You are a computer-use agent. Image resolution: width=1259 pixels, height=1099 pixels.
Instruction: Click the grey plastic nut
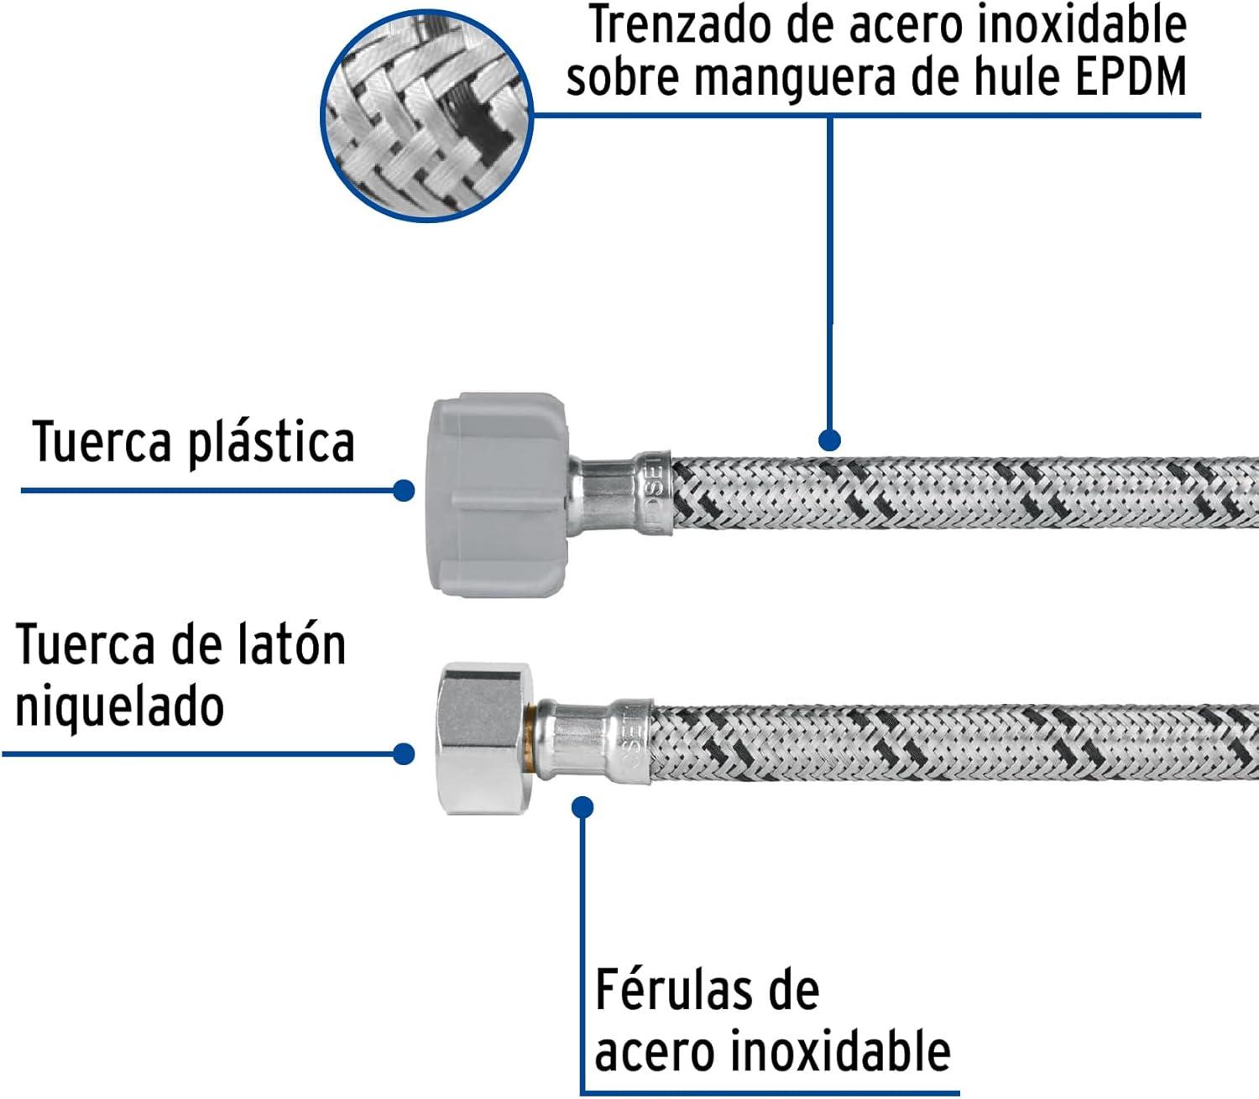point(499,495)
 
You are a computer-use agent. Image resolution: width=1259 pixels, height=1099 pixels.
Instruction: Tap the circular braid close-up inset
point(426,115)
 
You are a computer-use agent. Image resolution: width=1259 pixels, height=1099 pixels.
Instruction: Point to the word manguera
point(794,80)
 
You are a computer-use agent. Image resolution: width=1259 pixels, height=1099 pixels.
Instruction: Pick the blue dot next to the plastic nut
point(403,490)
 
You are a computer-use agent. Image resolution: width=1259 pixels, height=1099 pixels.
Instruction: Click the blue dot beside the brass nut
point(403,754)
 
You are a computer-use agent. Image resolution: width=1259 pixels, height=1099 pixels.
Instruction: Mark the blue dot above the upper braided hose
point(829,440)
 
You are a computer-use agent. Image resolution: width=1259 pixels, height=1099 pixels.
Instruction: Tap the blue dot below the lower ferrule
point(582,808)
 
